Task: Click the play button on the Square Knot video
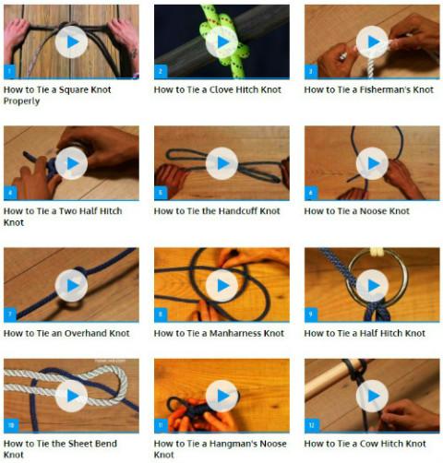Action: tap(71, 42)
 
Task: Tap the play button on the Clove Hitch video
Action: tap(221, 42)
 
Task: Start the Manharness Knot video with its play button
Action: tap(221, 286)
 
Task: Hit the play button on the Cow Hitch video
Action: tap(372, 396)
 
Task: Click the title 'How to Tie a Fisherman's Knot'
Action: tap(368, 89)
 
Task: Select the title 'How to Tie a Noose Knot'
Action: tap(356, 211)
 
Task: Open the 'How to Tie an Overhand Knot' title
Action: tap(66, 333)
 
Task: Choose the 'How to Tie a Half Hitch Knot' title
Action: tap(365, 333)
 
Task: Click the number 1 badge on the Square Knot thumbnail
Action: tap(9, 72)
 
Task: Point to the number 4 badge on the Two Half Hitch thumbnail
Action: tap(10, 193)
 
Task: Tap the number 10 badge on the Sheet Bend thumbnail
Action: tap(11, 425)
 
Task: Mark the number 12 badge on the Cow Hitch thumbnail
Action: tap(312, 425)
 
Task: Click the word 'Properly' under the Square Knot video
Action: tap(21, 101)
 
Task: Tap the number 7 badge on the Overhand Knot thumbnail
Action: tap(10, 315)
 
